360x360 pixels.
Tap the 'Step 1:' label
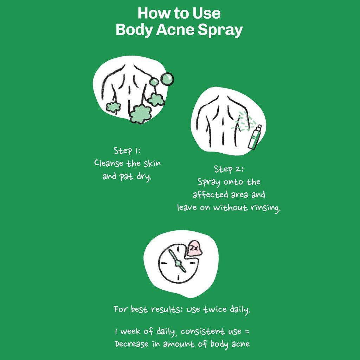click(127, 151)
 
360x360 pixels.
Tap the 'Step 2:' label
click(229, 169)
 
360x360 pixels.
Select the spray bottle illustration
click(255, 137)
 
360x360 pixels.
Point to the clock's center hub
click(179, 263)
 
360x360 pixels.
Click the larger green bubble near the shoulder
click(167, 79)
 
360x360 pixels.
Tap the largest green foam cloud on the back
click(140, 114)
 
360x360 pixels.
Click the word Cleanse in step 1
click(109, 163)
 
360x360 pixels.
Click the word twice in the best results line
click(214, 310)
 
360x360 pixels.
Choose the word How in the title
click(149, 14)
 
